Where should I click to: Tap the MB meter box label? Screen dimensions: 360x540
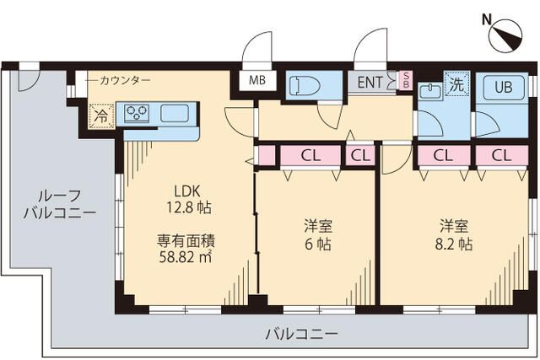click(256, 82)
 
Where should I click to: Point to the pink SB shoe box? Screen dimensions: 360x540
click(405, 81)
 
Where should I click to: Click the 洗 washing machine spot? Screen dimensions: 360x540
click(456, 84)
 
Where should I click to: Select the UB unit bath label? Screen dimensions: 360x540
click(503, 87)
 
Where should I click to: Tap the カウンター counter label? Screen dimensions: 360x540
click(125, 80)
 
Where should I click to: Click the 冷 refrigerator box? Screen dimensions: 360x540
click(100, 116)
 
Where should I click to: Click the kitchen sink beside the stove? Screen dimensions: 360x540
click(175, 113)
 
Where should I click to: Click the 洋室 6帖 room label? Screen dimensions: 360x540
click(317, 235)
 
